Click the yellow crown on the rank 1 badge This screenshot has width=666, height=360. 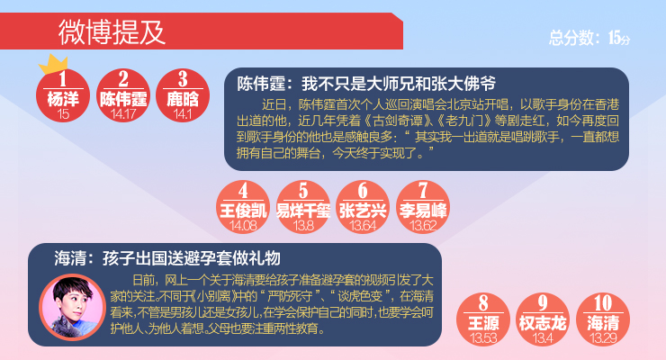[x=53, y=65]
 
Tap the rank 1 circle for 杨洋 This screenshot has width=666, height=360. [x=63, y=95]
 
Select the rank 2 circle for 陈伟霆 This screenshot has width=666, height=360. [x=123, y=95]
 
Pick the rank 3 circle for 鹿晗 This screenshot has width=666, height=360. [x=183, y=95]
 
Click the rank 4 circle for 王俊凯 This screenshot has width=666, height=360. [x=243, y=207]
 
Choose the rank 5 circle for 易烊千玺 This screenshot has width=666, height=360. [x=302, y=207]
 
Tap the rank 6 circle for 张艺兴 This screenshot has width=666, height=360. [x=363, y=207]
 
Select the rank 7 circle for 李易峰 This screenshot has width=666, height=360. [x=423, y=207]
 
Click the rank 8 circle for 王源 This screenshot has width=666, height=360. [x=483, y=319]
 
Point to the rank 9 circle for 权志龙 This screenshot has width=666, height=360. [x=543, y=319]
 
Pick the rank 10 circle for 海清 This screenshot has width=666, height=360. [x=603, y=319]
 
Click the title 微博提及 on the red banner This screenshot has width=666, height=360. [x=112, y=31]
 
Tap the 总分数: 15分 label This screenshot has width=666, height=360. [x=589, y=38]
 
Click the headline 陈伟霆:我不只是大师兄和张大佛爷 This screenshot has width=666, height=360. [x=366, y=84]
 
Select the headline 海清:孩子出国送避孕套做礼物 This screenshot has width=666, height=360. [x=167, y=257]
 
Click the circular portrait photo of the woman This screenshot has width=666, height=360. [x=72, y=307]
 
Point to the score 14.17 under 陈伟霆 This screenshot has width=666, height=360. [x=123, y=113]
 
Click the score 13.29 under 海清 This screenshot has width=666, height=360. [x=603, y=337]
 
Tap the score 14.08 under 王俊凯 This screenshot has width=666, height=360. [x=243, y=225]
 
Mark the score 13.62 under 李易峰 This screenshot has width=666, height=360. [x=423, y=225]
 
